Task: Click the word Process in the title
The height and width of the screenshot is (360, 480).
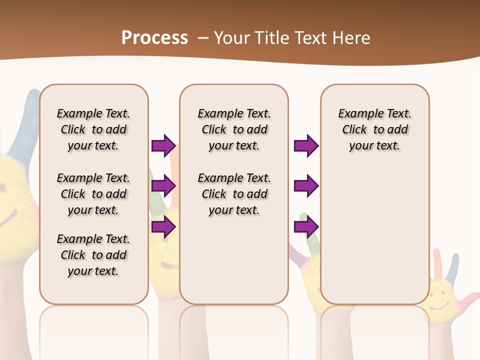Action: pos(154,37)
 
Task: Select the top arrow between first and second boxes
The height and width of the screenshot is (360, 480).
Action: pos(163,145)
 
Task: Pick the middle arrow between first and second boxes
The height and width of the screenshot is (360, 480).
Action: pos(163,186)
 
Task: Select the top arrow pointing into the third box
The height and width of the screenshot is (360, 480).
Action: pos(306,145)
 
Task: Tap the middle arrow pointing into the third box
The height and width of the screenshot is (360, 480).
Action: pos(306,186)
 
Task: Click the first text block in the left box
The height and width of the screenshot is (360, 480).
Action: pos(93,129)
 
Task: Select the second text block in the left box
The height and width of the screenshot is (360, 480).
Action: pos(93,194)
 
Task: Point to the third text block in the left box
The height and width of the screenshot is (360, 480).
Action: pos(93,255)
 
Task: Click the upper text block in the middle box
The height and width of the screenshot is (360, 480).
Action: pos(234,129)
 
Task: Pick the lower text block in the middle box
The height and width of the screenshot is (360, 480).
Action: pos(234,194)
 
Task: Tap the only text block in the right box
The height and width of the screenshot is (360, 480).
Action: pos(374,129)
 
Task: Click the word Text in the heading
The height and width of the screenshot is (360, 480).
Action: pos(309,37)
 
